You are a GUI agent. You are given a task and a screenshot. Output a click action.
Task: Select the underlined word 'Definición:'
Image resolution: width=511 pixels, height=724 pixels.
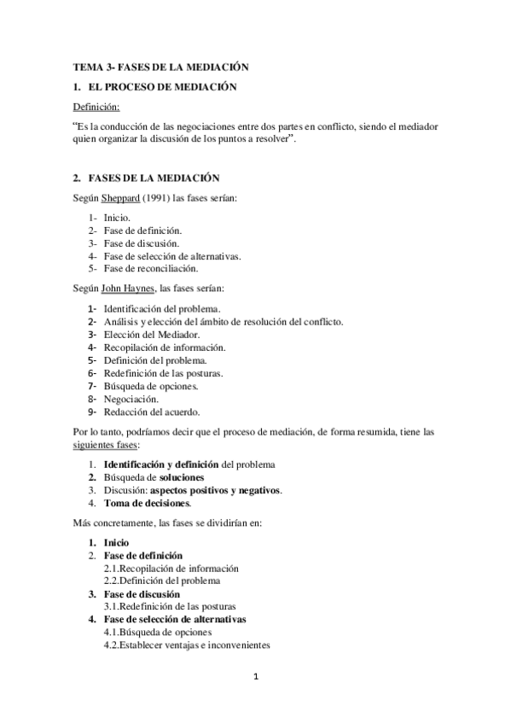(96, 107)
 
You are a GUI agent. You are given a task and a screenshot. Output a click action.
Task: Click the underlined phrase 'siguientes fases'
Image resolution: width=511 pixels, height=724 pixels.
(106, 446)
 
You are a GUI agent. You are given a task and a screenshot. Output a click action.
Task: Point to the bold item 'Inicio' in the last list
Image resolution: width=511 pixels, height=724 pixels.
(116, 542)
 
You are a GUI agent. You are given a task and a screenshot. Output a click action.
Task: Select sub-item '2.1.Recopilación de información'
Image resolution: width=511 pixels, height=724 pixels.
(171, 568)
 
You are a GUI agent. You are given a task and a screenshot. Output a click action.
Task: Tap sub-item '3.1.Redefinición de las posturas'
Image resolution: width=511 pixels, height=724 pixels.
(171, 607)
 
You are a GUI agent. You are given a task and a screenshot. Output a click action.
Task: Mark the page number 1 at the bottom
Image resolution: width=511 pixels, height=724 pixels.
(256, 678)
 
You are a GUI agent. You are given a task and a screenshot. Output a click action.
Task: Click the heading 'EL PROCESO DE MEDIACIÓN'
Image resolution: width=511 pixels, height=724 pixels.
(162, 87)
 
